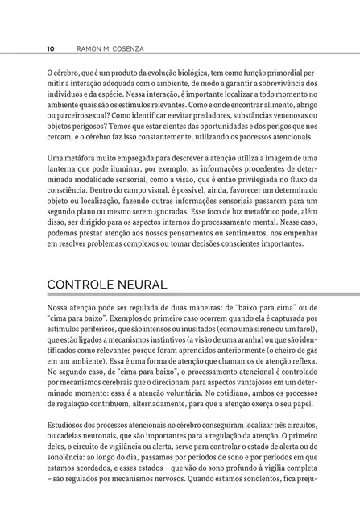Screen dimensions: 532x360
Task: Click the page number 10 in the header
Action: (x=51, y=48)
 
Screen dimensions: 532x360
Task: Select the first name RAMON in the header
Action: (x=85, y=48)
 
